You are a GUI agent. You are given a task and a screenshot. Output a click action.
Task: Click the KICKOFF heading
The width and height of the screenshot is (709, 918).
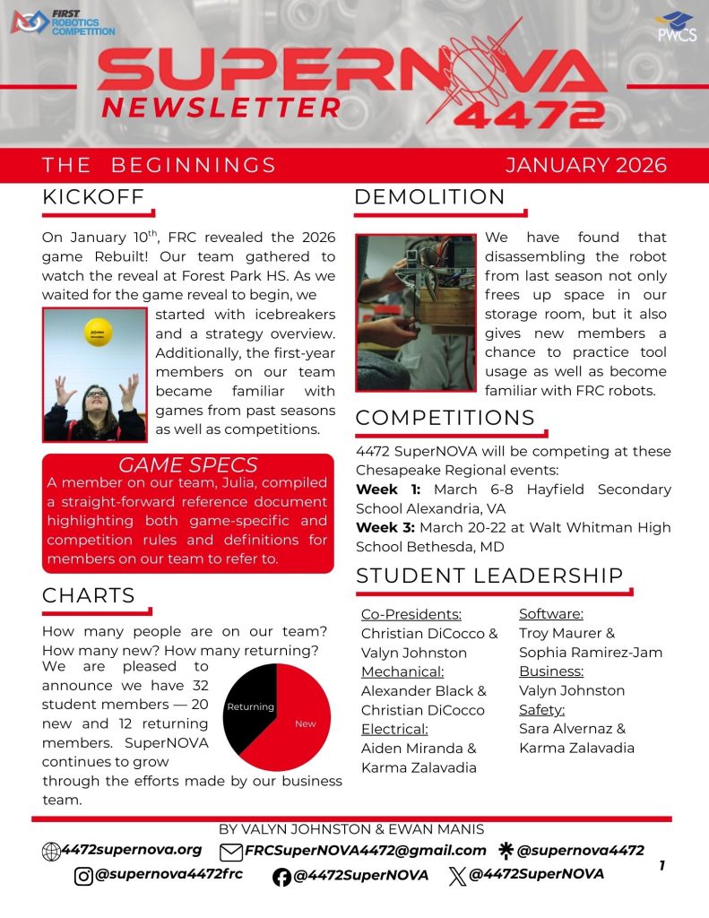pyautogui.click(x=93, y=197)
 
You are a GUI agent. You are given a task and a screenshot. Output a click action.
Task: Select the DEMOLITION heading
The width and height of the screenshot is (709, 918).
pyautogui.click(x=429, y=197)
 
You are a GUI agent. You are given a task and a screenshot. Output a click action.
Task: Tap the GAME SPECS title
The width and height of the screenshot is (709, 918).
pyautogui.click(x=188, y=465)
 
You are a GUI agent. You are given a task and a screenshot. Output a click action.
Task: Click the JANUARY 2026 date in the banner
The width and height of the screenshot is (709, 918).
pyautogui.click(x=586, y=165)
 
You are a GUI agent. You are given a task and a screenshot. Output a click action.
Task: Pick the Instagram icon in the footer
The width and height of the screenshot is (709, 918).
pyautogui.click(x=83, y=875)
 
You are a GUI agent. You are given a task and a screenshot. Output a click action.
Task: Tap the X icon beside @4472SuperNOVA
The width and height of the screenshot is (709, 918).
pyautogui.click(x=456, y=875)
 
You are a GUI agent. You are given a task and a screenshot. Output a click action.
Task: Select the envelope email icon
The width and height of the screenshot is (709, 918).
pyautogui.click(x=231, y=852)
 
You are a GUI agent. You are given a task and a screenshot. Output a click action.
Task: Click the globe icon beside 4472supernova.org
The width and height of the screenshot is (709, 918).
pyautogui.click(x=51, y=852)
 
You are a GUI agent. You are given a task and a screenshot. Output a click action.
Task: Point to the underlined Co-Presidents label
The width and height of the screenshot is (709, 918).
pyautogui.click(x=411, y=614)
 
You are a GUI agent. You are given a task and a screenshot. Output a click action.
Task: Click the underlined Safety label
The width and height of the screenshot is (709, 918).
pyautogui.click(x=541, y=709)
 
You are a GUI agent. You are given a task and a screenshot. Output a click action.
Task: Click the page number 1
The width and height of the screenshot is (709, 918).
pyautogui.click(x=661, y=866)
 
